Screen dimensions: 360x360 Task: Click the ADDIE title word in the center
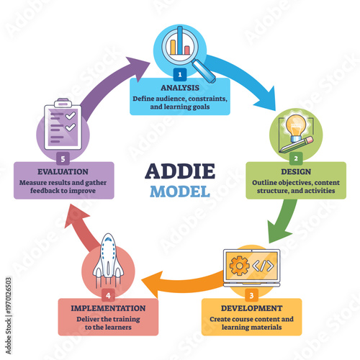click(180, 173)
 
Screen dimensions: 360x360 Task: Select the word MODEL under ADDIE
click(180, 192)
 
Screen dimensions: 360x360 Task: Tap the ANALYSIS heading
click(180, 88)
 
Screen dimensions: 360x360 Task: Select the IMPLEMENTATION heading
click(108, 307)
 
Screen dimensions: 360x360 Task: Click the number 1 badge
click(180, 74)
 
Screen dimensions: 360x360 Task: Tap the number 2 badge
click(295, 156)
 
